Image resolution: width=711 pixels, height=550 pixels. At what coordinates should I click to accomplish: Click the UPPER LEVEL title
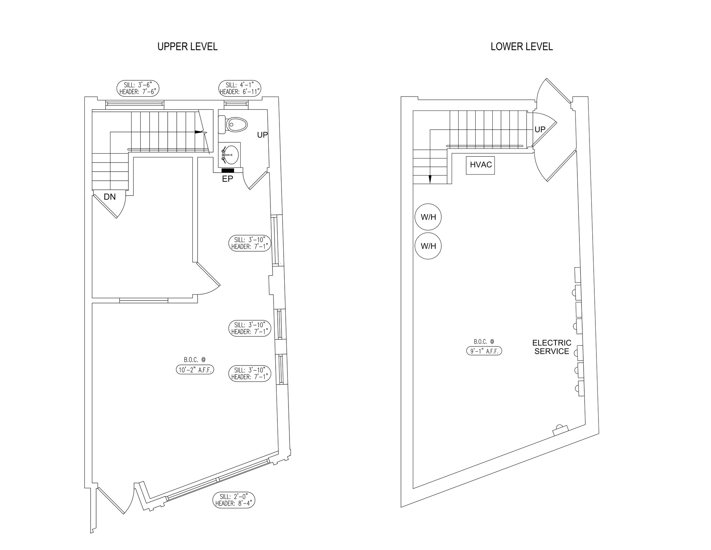(187, 47)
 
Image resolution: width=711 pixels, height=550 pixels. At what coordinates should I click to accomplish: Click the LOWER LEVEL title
(521, 47)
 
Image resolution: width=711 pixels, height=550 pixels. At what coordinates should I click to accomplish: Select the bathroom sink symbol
(230, 155)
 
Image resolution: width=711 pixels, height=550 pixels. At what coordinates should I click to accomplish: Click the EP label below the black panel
(227, 179)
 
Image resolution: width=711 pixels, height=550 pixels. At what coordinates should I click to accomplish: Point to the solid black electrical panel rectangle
(228, 170)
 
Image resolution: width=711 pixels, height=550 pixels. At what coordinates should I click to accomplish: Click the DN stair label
(110, 197)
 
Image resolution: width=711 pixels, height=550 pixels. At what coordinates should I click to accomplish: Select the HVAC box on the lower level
(480, 165)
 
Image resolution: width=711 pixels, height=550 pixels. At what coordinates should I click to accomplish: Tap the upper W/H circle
(428, 217)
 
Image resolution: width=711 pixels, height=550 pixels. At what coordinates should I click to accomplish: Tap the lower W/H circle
(428, 246)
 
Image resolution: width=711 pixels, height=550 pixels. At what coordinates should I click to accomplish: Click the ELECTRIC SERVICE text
(552, 347)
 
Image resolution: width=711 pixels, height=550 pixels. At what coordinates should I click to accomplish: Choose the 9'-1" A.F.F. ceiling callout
(484, 351)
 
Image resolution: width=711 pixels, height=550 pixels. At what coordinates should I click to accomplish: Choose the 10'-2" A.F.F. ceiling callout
(195, 370)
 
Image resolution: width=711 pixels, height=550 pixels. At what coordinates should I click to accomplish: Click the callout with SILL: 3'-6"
(138, 88)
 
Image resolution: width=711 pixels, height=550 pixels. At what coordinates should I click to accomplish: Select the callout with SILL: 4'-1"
(240, 88)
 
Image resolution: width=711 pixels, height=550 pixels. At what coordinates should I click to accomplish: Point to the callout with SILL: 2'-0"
(234, 500)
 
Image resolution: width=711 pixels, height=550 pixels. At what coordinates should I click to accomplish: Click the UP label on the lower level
(540, 130)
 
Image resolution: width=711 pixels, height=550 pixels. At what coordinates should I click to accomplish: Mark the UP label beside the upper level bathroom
(262, 135)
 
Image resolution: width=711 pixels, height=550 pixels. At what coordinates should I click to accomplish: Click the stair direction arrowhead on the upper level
(199, 132)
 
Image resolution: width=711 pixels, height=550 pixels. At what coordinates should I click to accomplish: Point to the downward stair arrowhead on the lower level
(430, 179)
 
